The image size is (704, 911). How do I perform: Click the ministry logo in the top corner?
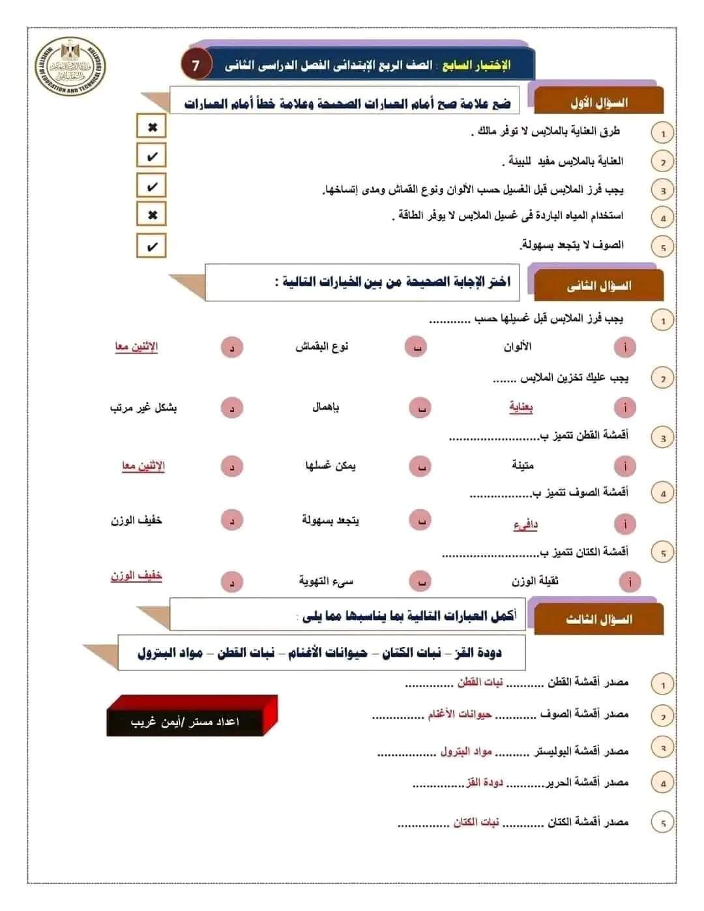[70, 67]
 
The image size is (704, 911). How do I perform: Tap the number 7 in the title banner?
[196, 65]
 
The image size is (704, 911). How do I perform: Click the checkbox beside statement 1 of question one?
[152, 127]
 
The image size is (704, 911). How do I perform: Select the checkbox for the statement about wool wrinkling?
[152, 246]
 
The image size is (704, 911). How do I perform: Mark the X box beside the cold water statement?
[152, 215]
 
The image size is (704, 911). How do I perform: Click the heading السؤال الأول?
[598, 102]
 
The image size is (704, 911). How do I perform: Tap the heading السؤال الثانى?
[598, 286]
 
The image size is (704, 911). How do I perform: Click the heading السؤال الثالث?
[598, 619]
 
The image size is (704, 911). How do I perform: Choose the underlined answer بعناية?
[521, 408]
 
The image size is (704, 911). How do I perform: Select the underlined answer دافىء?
[525, 524]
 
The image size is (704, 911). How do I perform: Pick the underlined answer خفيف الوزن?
[136, 576]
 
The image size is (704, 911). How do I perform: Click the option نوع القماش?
[322, 346]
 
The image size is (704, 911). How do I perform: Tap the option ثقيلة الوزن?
[535, 581]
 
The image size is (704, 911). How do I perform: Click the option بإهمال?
[326, 407]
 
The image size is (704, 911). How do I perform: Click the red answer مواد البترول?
[465, 751]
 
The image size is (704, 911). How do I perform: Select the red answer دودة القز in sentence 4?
[484, 782]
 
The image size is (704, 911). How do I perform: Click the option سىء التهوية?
[326, 580]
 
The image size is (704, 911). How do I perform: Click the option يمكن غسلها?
[330, 466]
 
